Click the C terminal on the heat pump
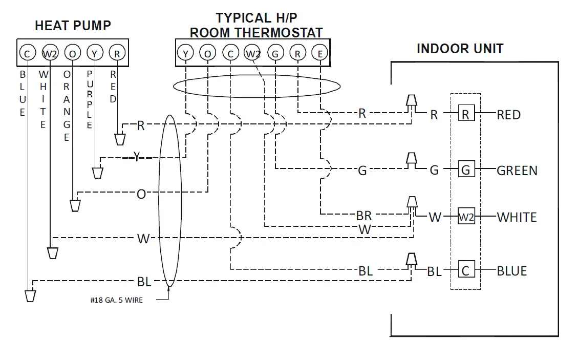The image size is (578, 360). [x=27, y=52]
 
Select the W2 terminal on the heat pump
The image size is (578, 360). [x=50, y=52]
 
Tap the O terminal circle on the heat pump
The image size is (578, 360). [x=72, y=52]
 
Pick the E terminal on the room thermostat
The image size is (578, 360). [x=320, y=52]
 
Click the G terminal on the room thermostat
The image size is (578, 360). [x=275, y=52]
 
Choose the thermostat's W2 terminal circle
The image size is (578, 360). [x=253, y=52]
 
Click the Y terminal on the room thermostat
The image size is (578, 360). [x=185, y=52]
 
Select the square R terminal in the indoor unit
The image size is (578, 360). [x=465, y=114]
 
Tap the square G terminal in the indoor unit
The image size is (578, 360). [x=465, y=170]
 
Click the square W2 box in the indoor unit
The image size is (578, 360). [x=465, y=217]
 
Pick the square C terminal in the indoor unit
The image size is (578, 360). [x=465, y=270]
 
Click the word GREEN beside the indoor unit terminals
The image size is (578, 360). [x=517, y=171]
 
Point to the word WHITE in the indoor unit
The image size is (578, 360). [x=517, y=217]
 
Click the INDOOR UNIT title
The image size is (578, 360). [x=460, y=49]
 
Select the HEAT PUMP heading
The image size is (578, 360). [x=73, y=26]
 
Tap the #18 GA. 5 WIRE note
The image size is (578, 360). [x=116, y=300]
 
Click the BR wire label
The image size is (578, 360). [x=363, y=216]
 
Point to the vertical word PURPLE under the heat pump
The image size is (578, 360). [x=90, y=100]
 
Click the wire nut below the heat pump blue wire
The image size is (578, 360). [x=30, y=295]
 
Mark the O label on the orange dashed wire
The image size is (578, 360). [x=141, y=194]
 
